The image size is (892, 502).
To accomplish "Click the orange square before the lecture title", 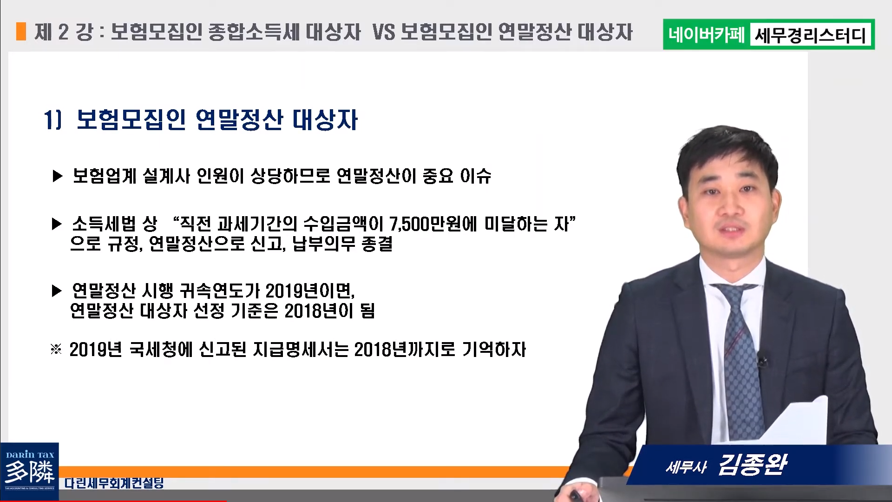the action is click(21, 32).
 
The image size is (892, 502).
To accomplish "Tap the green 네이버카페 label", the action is click(707, 34).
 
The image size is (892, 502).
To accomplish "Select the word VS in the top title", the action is click(383, 32).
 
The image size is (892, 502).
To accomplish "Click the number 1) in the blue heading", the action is click(52, 120).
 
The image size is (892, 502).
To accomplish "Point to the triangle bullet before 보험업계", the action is click(58, 176).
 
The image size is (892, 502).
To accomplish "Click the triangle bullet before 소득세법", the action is click(57, 224).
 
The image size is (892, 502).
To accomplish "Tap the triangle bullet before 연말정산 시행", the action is click(57, 291).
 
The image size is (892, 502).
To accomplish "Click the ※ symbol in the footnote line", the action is click(56, 349).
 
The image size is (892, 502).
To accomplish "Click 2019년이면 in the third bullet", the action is click(310, 291).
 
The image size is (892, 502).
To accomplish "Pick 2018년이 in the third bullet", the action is click(319, 311).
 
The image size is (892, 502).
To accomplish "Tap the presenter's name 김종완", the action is click(753, 464).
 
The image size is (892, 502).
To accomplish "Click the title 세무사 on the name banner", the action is click(686, 467).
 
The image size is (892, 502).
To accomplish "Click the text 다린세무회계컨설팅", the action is click(114, 483).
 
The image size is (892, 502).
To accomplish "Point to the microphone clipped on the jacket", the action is click(761, 359).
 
